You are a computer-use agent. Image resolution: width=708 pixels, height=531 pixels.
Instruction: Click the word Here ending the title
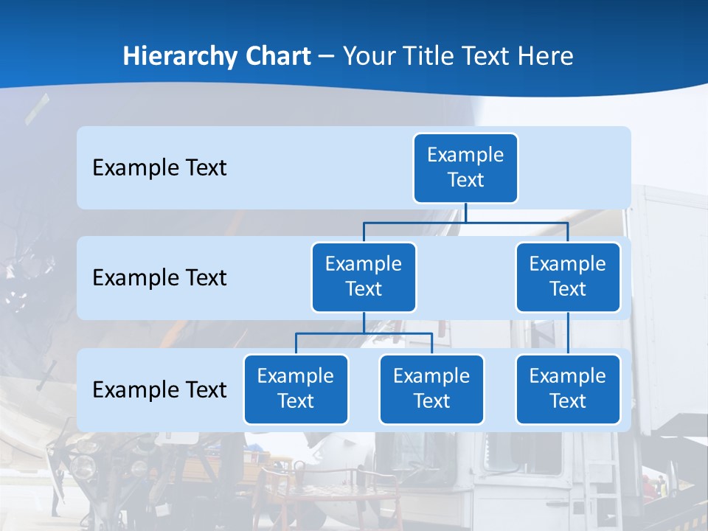pyautogui.click(x=546, y=56)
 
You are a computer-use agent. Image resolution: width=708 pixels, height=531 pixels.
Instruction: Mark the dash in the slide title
pyautogui.click(x=326, y=57)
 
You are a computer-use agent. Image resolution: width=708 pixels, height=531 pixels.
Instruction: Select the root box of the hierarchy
pyautogui.click(x=465, y=167)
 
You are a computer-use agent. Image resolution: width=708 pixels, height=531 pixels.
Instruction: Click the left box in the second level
pyautogui.click(x=364, y=277)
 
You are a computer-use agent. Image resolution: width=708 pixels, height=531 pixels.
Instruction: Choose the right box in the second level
pyautogui.click(x=568, y=277)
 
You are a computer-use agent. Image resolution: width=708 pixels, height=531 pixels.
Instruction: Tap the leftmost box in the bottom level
pyautogui.click(x=296, y=389)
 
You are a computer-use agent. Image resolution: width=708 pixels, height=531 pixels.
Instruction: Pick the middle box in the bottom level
pyautogui.click(x=431, y=389)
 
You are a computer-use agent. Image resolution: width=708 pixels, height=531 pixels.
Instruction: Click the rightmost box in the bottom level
pyautogui.click(x=568, y=389)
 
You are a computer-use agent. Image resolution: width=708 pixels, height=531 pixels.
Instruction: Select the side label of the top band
pyautogui.click(x=159, y=167)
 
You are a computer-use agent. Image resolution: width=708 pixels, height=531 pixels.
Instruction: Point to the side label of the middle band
pyautogui.click(x=159, y=277)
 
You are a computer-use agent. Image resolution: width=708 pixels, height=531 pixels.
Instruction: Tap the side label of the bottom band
pyautogui.click(x=159, y=389)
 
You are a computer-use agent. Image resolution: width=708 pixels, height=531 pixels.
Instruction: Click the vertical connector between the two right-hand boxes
pyautogui.click(x=568, y=333)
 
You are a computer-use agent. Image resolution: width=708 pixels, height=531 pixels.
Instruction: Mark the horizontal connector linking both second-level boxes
pyautogui.click(x=465, y=222)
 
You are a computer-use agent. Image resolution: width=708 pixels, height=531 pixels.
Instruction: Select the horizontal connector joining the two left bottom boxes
pyautogui.click(x=364, y=333)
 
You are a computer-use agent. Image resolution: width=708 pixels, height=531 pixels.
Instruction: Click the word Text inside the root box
pyautogui.click(x=465, y=180)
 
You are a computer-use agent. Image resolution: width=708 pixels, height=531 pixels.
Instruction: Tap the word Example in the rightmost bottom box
pyautogui.click(x=568, y=376)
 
